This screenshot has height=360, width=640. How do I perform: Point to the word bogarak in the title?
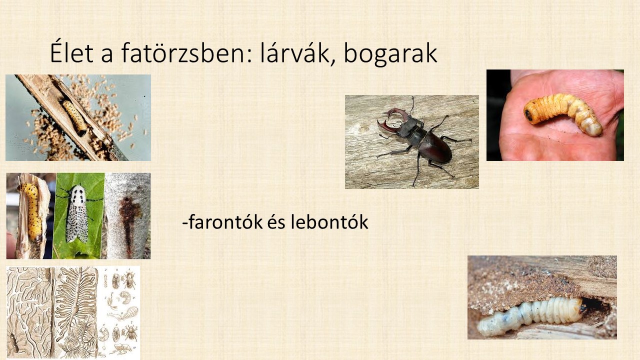click(390, 54)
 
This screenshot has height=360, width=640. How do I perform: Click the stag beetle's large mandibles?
click(392, 120)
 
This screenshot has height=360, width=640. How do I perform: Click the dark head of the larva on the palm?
click(529, 115)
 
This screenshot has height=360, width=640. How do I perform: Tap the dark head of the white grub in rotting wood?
click(582, 307)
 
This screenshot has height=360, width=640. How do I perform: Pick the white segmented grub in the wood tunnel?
click(531, 315)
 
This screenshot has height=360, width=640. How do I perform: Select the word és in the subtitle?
click(276, 222)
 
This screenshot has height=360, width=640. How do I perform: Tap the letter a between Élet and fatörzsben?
click(107, 55)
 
